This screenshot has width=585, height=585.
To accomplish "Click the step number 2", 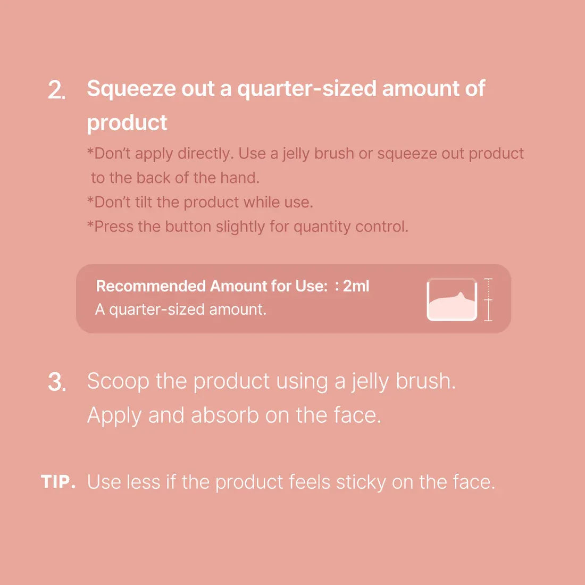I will (56, 90).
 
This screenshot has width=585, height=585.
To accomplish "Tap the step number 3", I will (56, 382).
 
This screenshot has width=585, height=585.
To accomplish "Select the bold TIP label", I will (57, 482).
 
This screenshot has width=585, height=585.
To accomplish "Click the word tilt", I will (141, 202).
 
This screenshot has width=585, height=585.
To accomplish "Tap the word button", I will (188, 227).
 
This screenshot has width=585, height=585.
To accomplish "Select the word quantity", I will (322, 227).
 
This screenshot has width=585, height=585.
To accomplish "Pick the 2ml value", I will (356, 286).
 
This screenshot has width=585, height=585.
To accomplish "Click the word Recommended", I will (151, 286).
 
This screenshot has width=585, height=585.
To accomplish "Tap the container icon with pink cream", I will (452, 299).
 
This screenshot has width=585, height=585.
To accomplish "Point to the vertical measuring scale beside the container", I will (489, 299).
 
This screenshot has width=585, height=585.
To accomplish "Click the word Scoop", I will (118, 381).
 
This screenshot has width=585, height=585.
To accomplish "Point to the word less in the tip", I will (143, 482).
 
